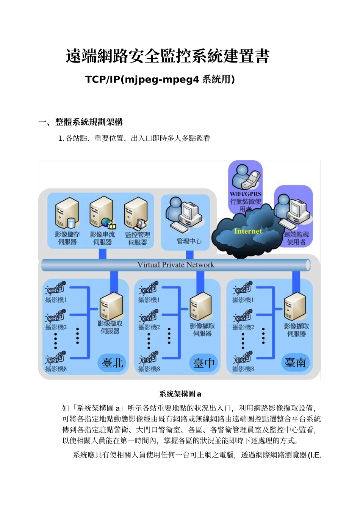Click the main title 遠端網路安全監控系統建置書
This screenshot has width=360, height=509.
coord(167,56)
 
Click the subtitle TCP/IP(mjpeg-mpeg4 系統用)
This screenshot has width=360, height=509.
coord(160,79)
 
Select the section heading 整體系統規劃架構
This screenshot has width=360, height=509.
coord(89,122)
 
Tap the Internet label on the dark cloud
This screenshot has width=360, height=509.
coord(248,231)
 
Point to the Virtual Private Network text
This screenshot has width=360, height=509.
coord(176,265)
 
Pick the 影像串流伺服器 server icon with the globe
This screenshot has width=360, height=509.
coord(102,213)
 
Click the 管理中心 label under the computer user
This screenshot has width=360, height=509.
coord(189,241)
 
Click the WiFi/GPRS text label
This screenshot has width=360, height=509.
coord(246,194)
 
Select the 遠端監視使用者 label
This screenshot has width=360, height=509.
coord(296,238)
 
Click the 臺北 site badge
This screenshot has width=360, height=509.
coord(113,362)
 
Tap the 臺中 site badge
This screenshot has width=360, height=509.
coord(204,363)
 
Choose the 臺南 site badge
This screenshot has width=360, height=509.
coord(296,362)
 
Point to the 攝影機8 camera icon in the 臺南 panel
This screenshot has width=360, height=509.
coord(243,358)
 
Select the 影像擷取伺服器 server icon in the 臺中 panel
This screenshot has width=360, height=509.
coord(200,307)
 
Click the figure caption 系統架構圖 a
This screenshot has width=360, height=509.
coord(180,394)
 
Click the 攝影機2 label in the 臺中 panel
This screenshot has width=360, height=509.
coord(149,327)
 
